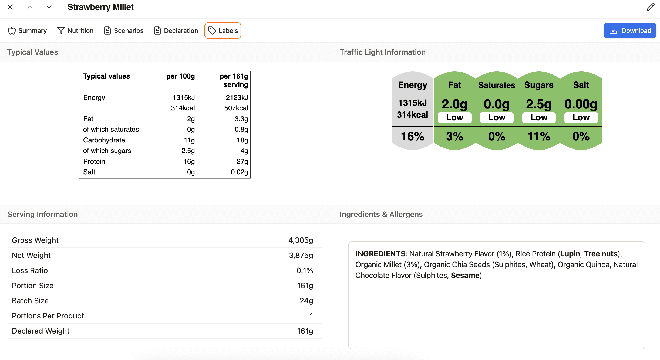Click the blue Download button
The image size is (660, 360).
point(630,30)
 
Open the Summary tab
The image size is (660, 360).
point(27,30)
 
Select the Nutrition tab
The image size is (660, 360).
point(75,30)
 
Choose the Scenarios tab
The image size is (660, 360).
point(124,30)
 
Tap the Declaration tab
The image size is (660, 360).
point(176,30)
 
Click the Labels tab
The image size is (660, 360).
point(223,30)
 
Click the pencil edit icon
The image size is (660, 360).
point(651,7)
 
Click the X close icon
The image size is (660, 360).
point(10,7)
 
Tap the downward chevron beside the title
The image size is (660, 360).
point(49,7)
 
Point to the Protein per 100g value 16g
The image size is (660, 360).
point(189,161)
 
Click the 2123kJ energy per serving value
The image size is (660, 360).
point(237,97)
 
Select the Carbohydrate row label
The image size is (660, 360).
point(104,140)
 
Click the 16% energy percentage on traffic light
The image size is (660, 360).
point(412,136)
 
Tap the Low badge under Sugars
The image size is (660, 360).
point(539,117)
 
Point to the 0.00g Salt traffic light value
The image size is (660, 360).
point(581,104)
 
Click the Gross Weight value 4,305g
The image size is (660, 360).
point(301,240)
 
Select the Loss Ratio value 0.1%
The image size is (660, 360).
point(305,270)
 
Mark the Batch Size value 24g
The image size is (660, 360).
point(306,301)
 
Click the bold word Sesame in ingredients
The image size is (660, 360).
point(465,275)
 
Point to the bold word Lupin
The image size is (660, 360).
point(570,254)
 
